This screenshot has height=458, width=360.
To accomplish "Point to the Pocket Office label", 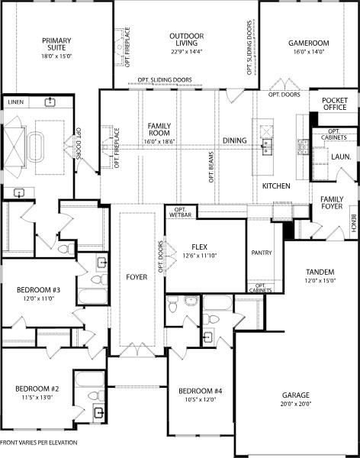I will [x=334, y=104].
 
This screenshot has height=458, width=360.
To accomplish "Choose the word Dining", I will [x=235, y=140].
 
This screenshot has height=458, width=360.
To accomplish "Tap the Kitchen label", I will [x=275, y=186].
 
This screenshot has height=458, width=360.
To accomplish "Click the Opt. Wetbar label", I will [x=181, y=213].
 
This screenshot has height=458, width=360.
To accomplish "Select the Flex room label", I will [x=200, y=247].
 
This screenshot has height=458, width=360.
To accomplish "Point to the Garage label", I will [x=296, y=395].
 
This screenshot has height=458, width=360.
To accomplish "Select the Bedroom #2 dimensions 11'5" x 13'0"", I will [x=37, y=398].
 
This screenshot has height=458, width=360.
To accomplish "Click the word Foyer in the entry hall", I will [x=137, y=276].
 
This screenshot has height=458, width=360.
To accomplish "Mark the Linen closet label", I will [x=15, y=102].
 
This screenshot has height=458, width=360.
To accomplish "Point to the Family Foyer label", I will [x=331, y=204].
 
